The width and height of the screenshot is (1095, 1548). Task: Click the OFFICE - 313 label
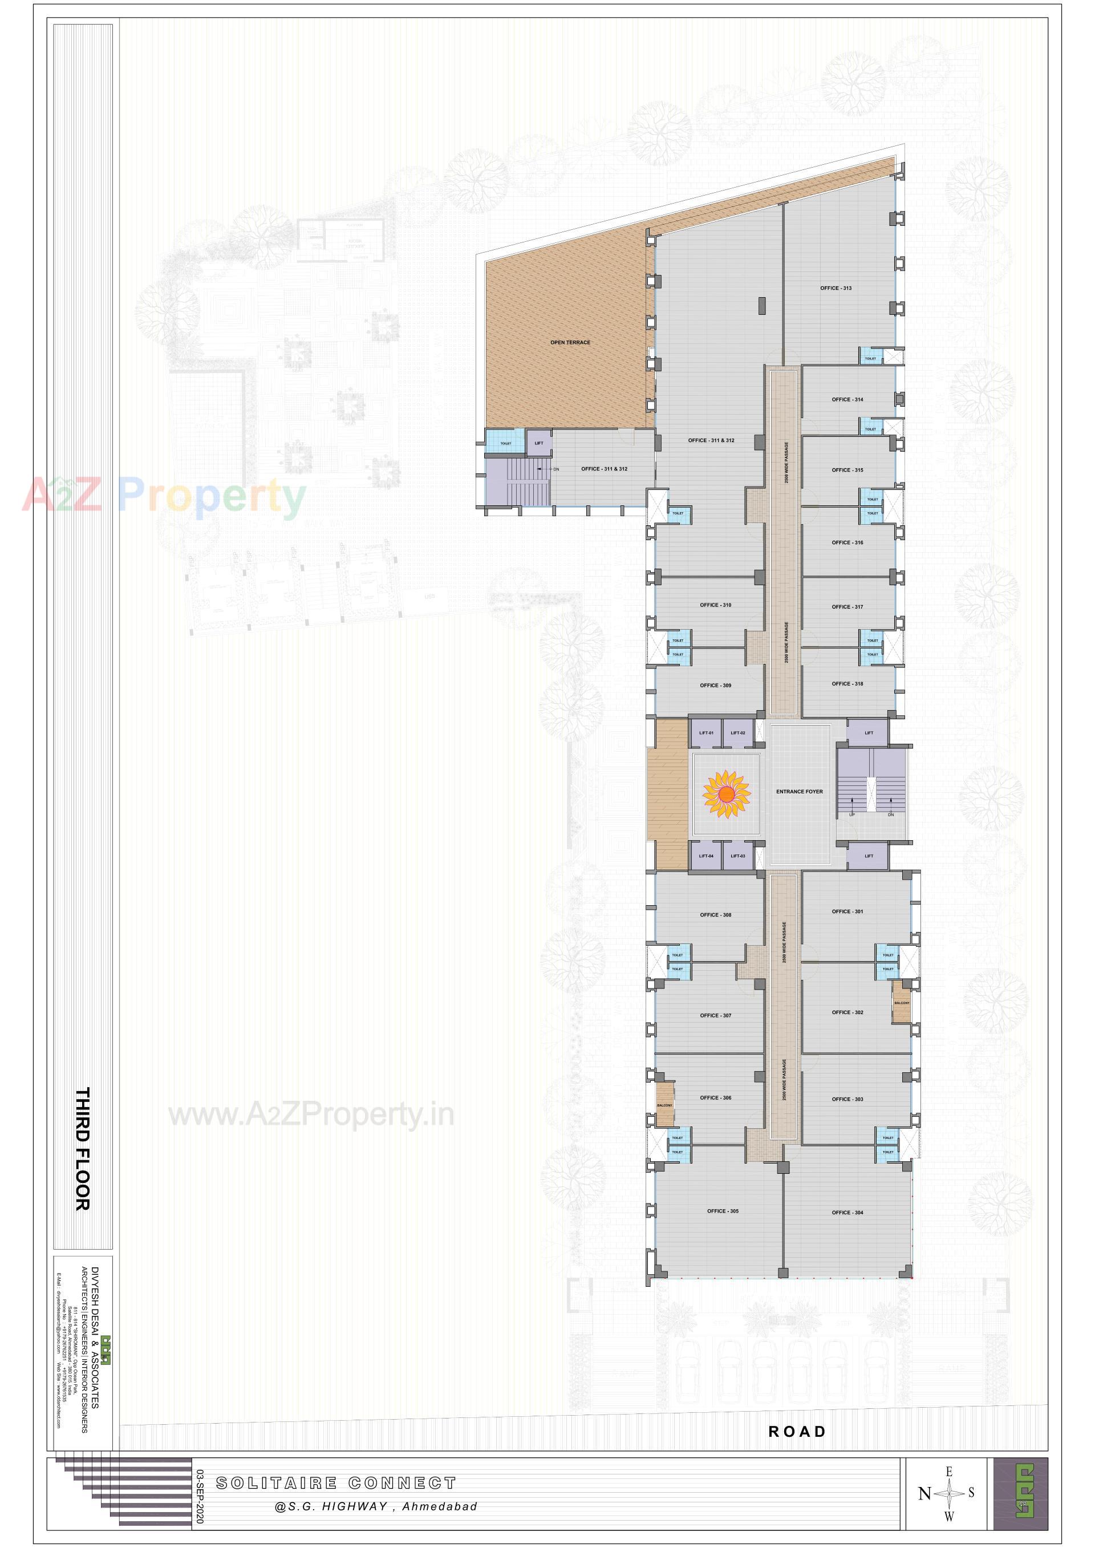tap(836, 288)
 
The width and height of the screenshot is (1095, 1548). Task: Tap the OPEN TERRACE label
tap(570, 342)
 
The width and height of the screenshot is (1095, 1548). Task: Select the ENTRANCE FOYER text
tap(799, 792)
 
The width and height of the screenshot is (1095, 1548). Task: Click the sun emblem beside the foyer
tap(726, 796)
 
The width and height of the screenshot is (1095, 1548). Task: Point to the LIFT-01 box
tap(706, 733)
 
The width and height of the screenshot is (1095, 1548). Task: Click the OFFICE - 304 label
tap(847, 1212)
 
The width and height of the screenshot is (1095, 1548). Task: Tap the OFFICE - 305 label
tap(722, 1211)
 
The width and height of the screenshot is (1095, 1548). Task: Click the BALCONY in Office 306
tap(665, 1105)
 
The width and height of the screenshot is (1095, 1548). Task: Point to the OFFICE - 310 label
tap(715, 605)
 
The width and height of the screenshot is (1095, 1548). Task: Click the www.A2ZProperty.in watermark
tap(311, 1115)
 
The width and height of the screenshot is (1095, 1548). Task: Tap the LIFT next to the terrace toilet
tap(539, 444)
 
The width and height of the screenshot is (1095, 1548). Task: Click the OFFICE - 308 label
tap(715, 915)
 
